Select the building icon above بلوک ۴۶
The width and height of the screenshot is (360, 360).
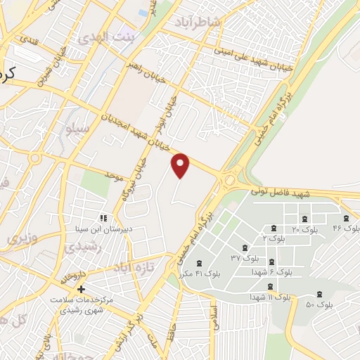pyautogui.click(x=346, y=218)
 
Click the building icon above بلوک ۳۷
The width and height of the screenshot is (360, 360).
pyautogui.click(x=243, y=247)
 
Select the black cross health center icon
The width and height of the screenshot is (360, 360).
pyautogui.click(x=82, y=289)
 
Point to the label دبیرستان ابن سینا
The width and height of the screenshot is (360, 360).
pyautogui.click(x=104, y=229)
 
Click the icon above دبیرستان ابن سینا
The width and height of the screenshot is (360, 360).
pyautogui.click(x=103, y=219)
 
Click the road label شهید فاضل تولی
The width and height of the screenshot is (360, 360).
pyautogui.click(x=278, y=192)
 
